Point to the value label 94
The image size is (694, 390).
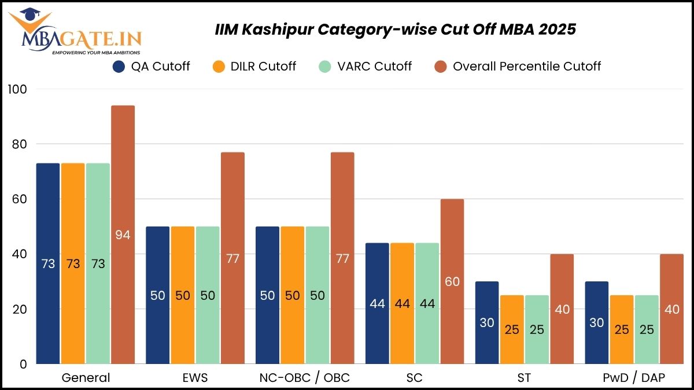(x=123, y=235)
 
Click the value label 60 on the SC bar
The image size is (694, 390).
(x=452, y=281)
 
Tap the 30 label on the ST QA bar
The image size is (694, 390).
(x=487, y=323)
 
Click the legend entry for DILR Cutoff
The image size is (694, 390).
(x=262, y=66)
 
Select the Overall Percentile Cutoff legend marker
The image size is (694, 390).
(x=441, y=66)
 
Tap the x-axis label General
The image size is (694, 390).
(x=85, y=378)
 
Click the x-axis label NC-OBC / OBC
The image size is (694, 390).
(x=305, y=378)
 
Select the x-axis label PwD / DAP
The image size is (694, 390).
(x=634, y=378)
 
